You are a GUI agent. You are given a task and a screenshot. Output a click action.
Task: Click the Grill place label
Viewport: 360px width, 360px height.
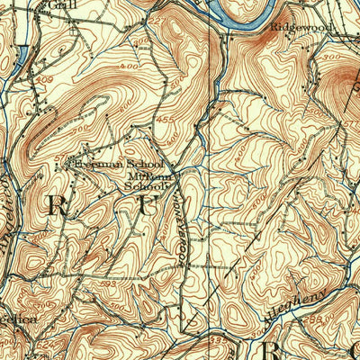(x=60, y=4)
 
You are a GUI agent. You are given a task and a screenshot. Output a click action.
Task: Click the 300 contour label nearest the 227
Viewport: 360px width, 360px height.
(x=140, y=41)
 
